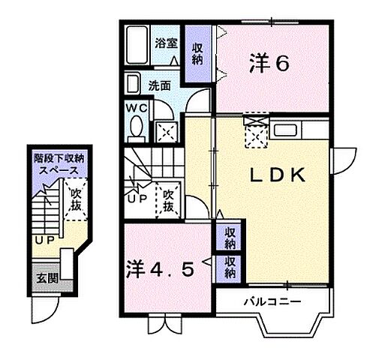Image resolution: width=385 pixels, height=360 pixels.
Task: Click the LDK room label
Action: (275, 175)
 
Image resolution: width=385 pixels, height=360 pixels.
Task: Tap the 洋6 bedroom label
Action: (268, 64)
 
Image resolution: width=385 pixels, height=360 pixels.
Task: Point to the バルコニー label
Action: (272, 302)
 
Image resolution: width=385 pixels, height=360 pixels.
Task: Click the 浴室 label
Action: (167, 43)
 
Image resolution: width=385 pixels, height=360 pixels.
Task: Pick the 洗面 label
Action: (158, 85)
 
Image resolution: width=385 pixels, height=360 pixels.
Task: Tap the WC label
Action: (137, 107)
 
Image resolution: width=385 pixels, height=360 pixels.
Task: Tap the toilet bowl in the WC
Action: (136, 130)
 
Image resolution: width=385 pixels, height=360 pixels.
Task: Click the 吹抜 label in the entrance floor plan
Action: (76, 200)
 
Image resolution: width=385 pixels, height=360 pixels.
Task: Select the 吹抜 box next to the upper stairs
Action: (167, 199)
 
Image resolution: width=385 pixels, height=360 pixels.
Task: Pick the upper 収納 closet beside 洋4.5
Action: (229, 238)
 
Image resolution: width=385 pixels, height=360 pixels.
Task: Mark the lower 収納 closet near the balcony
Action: (229, 267)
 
